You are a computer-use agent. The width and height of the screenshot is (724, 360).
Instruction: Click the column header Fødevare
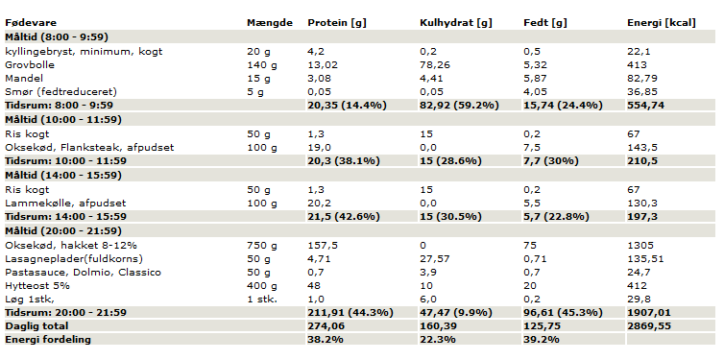[31, 23]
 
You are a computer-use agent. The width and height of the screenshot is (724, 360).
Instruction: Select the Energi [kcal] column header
[662, 23]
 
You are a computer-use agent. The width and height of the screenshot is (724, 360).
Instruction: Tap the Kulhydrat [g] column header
[456, 23]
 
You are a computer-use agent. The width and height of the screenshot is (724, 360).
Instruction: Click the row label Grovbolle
[30, 65]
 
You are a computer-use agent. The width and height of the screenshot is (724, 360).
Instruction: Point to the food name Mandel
[24, 79]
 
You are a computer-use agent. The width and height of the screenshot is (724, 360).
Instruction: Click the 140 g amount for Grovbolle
[262, 65]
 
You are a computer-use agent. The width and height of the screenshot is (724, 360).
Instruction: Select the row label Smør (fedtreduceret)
[60, 92]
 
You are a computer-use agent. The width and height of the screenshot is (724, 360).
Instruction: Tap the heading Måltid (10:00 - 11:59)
[63, 120]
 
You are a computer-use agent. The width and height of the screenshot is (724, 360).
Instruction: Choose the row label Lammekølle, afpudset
[65, 204]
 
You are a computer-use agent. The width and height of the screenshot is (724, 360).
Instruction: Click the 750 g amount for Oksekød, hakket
[262, 246]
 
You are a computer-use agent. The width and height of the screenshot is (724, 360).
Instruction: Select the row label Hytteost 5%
[37, 286]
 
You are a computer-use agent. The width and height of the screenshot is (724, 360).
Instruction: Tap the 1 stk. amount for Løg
[262, 300]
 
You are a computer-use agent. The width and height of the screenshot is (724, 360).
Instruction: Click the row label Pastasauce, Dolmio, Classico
[84, 273]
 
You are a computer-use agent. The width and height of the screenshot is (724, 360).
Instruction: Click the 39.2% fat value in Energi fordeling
[542, 340]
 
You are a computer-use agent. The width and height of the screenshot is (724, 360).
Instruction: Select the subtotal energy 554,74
[645, 106]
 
